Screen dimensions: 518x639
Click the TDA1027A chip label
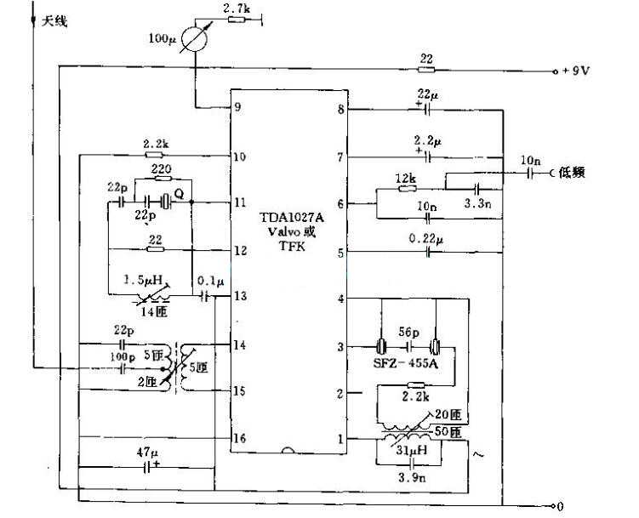tap(292, 217)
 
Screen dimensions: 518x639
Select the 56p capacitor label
tap(408, 333)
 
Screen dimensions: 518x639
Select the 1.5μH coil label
tap(142, 280)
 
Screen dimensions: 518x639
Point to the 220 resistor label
tap(162, 169)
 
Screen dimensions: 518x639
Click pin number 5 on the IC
tap(340, 253)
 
